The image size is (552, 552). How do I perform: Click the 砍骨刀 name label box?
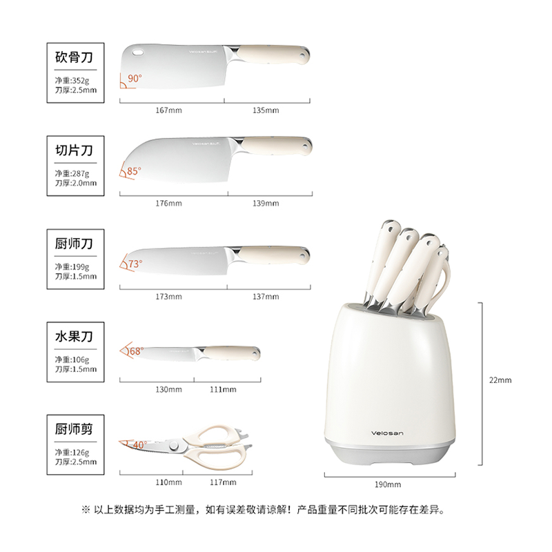tap(74, 57)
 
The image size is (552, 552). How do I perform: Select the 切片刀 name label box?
tap(74, 150)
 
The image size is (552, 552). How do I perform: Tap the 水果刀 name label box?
tap(74, 337)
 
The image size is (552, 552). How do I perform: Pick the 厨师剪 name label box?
tap(74, 429)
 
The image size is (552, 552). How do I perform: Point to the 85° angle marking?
tap(134, 171)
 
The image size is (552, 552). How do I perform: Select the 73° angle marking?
tap(134, 263)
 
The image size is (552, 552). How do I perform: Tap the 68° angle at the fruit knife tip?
tap(135, 351)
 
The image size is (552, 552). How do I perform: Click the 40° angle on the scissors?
tap(139, 445)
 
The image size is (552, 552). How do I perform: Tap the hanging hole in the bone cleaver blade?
tap(137, 52)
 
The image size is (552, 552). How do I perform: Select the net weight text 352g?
tap(77, 80)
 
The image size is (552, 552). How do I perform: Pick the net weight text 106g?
tap(77, 359)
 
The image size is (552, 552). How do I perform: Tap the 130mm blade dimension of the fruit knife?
tap(168, 389)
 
